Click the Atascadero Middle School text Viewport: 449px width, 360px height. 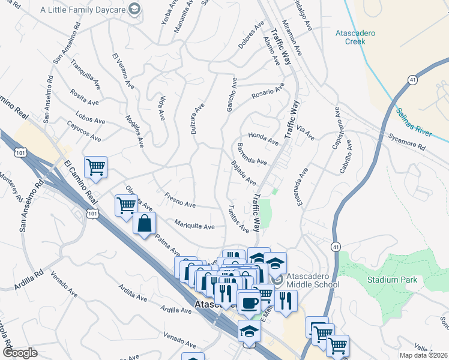click(312, 280)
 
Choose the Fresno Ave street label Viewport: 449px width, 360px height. click(181, 201)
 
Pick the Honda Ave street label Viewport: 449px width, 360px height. click(264, 139)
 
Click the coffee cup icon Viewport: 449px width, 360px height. click(249, 302)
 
